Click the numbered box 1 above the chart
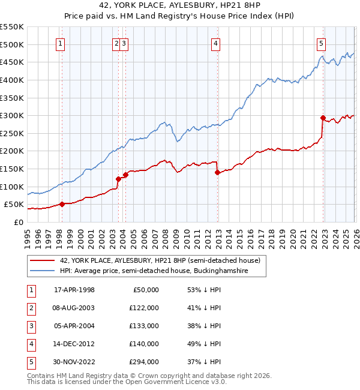[61, 43]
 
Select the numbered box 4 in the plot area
[215, 43]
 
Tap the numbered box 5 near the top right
[322, 43]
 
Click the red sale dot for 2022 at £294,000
[323, 118]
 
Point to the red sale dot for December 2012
[217, 172]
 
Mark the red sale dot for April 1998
[62, 204]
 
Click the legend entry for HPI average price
[162, 271]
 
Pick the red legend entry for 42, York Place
[160, 260]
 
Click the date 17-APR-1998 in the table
[74, 290]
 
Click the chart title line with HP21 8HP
[180, 5]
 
